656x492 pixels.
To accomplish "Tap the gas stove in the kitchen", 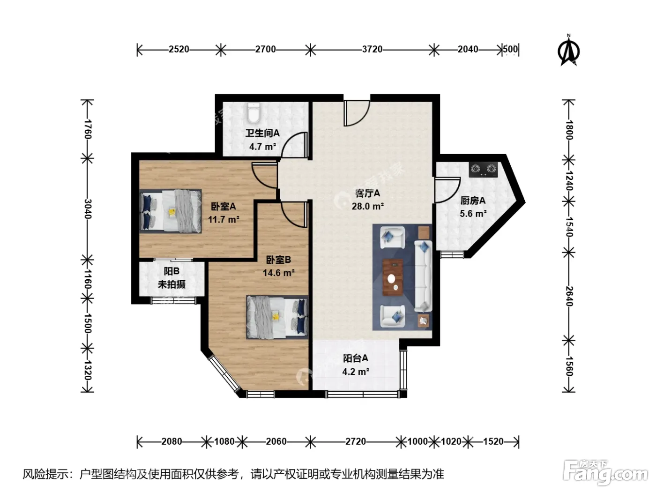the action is tap(483, 169).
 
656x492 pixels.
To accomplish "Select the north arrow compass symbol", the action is tap(568, 50).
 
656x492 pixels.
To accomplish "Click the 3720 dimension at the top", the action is tap(372, 49).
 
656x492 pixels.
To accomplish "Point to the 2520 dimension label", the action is tap(179, 49).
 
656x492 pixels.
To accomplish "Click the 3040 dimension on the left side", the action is tap(87, 209).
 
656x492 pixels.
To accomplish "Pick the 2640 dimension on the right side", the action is tap(568, 296).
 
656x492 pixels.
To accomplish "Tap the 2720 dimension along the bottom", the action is tap(356, 441).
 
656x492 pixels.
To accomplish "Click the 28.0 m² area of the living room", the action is tap(368, 206).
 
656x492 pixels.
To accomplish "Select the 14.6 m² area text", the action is tap(278, 273).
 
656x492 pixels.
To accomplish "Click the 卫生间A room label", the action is tap(262, 133).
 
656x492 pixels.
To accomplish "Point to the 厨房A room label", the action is tap(473, 201).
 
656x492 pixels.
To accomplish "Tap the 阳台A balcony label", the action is tap(355, 358).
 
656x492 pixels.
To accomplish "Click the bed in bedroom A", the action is tap(171, 211).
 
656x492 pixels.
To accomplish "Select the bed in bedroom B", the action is tap(277, 317).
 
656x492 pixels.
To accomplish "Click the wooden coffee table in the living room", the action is tap(393, 277).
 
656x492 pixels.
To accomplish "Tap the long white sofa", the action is tap(423, 276).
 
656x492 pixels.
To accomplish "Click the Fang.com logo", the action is tap(605, 473).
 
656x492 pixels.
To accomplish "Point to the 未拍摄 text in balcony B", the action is tap(171, 284).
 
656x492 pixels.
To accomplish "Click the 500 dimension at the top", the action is tap(510, 49).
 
